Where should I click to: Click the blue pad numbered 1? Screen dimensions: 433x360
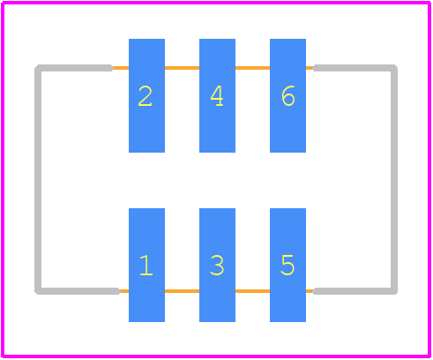(x=146, y=265)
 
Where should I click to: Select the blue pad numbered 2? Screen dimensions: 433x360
(x=146, y=95)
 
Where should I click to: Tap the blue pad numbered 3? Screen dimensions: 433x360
(x=217, y=265)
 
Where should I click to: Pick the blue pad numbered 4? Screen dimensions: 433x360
(x=217, y=95)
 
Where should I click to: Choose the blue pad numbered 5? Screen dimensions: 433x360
(x=287, y=265)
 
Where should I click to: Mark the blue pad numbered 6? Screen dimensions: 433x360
(x=287, y=95)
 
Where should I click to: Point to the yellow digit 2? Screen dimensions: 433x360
(x=145, y=96)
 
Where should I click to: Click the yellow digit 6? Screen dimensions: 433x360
(x=288, y=96)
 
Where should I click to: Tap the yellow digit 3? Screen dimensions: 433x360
(x=217, y=266)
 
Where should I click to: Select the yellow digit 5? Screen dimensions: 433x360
(x=287, y=266)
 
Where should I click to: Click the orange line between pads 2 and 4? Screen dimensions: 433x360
(x=182, y=68)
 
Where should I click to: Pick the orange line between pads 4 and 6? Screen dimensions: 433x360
(x=252, y=68)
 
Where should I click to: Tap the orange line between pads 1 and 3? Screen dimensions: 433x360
(x=182, y=291)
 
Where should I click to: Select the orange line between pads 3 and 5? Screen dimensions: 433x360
(x=252, y=291)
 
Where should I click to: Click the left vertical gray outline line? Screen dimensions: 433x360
(x=38, y=179)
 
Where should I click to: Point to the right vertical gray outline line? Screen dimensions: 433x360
(x=394, y=179)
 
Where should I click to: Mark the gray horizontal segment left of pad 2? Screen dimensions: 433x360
(x=74, y=68)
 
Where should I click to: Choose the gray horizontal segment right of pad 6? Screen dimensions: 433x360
(x=355, y=68)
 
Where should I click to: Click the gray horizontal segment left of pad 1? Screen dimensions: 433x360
(x=78, y=291)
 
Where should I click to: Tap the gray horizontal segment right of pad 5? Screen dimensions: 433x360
(x=355, y=291)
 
